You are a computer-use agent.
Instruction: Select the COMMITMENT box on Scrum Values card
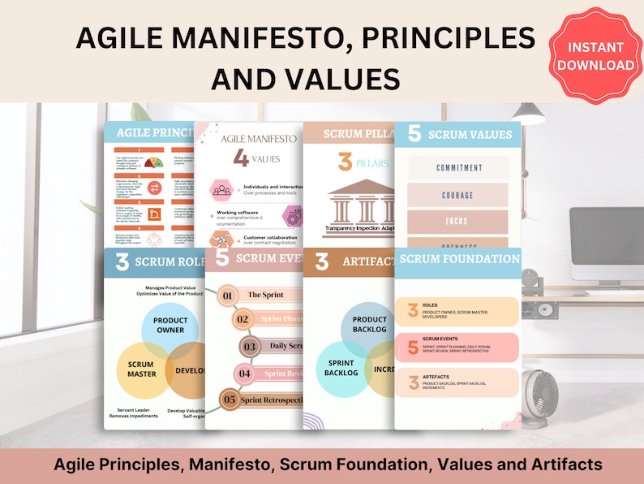click(x=458, y=167)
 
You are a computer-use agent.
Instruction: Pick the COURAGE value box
click(x=458, y=195)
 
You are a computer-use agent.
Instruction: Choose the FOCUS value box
click(x=458, y=222)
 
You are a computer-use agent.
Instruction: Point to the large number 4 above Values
click(x=241, y=158)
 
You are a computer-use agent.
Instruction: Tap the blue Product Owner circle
click(x=170, y=325)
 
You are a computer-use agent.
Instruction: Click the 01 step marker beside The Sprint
click(x=227, y=296)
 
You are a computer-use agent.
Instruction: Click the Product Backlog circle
click(x=369, y=325)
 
